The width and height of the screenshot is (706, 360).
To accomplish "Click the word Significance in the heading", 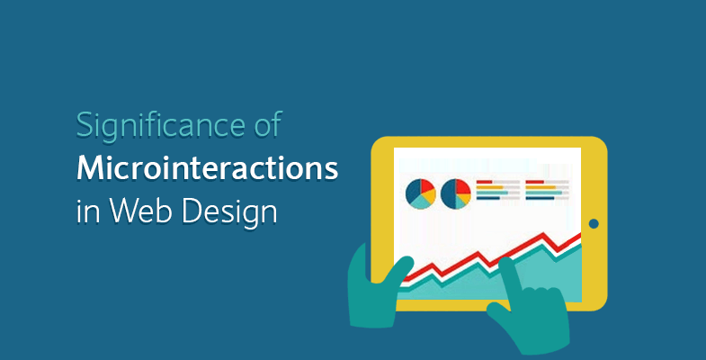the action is (156, 126).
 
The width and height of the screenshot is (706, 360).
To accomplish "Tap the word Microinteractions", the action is (207, 168).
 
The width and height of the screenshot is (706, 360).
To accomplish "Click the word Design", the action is (229, 213).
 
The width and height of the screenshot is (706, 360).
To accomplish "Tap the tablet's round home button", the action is (594, 223).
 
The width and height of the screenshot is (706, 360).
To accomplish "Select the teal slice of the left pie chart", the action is (422, 202).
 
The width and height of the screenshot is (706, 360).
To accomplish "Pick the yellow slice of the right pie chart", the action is (464, 198).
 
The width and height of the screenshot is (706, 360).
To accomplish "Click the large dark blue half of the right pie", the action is (448, 194).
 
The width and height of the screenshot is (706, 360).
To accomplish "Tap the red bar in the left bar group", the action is (484, 182).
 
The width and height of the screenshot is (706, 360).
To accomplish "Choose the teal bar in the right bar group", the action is (543, 193).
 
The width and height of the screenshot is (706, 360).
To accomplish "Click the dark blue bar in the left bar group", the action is (488, 198).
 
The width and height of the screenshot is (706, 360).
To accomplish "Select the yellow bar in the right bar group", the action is (541, 187).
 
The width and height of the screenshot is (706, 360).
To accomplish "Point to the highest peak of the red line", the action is (544, 234).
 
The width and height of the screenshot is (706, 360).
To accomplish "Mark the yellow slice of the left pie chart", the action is (429, 196).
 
